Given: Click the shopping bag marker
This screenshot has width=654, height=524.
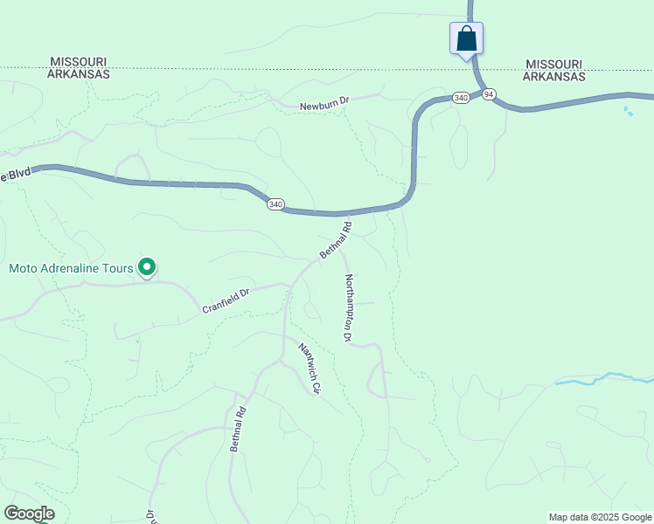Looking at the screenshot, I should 466,38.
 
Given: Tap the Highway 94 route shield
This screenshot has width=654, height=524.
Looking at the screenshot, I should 488,93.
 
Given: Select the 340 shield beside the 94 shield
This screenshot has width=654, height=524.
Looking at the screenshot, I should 461,98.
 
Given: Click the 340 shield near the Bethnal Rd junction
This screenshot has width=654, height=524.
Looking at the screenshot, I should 275,204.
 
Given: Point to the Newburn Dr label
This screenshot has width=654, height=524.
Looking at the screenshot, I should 324,105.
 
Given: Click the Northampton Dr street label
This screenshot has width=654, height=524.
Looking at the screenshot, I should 348,307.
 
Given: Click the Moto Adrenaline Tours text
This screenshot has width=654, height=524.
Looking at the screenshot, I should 71,267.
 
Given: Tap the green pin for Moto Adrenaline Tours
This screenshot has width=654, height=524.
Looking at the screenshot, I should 148,266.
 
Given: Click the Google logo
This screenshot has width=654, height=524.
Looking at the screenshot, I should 29,514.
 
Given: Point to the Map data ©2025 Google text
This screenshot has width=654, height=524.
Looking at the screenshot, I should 601,517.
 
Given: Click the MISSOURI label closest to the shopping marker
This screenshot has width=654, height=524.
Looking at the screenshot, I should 554,65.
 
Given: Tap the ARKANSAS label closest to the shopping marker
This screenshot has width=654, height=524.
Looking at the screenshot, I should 554,76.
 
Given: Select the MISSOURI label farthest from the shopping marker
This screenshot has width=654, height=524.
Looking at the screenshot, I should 79,62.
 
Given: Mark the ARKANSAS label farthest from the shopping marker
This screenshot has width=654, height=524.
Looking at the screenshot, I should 79,74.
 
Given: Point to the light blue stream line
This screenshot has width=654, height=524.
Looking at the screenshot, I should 603,377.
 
